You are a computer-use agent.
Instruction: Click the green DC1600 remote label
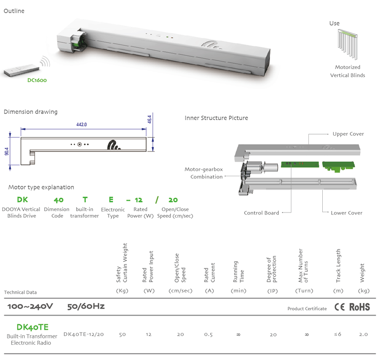point(37,79)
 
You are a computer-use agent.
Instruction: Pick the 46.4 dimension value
point(150,119)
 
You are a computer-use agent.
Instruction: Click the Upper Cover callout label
point(348,134)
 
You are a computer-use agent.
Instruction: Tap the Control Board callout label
point(261,213)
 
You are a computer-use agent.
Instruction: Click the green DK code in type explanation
point(22,200)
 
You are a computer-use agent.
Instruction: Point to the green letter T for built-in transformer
point(85,200)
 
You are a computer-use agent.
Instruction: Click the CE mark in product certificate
point(340,307)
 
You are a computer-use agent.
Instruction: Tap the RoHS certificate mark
point(359,307)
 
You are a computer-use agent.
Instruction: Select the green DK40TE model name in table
point(33,327)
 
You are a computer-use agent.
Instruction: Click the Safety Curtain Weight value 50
point(122,334)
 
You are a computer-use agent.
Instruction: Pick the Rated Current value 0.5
point(208,334)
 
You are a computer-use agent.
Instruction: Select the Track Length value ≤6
point(338,334)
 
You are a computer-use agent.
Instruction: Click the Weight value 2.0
point(363,334)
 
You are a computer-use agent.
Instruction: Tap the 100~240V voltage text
point(30,306)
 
